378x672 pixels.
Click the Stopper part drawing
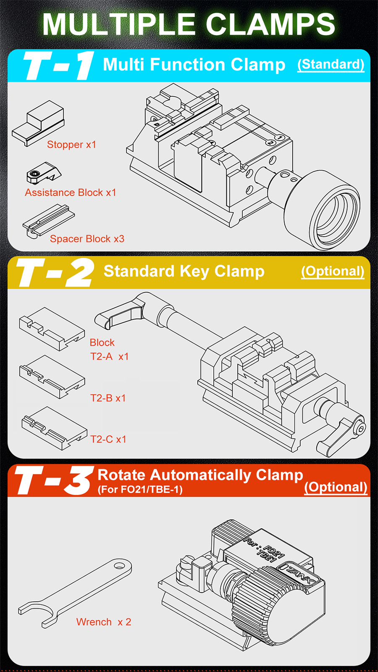38,124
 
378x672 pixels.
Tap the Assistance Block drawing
43,173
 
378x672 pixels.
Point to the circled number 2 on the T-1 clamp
270,142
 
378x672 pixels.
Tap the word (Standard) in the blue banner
331,64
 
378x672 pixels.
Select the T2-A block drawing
52,329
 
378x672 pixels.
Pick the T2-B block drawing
52,377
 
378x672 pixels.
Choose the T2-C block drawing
54,428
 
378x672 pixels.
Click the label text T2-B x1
108,398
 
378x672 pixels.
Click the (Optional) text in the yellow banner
333,271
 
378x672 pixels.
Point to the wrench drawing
75,593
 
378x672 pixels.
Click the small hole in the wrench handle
120,566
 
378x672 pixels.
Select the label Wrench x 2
104,622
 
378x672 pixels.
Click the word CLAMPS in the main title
270,24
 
